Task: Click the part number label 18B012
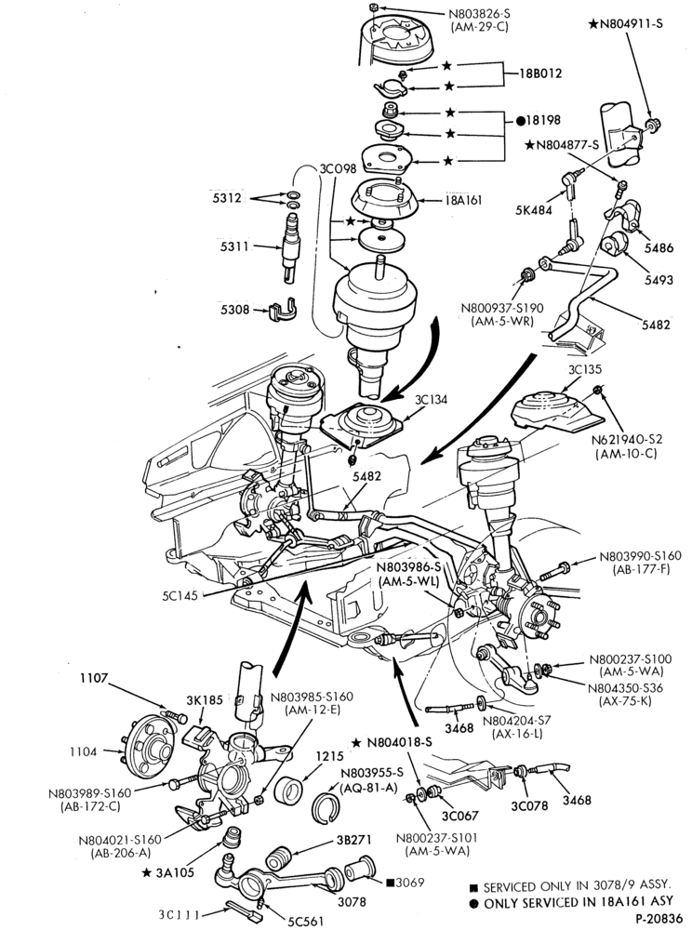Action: [539, 74]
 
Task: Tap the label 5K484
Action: [533, 209]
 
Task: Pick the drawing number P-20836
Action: [660, 919]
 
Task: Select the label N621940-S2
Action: [629, 440]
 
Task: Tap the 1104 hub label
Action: [83, 751]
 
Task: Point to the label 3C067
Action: [460, 816]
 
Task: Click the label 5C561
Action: [306, 921]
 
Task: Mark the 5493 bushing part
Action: [614, 246]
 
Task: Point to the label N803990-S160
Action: [640, 556]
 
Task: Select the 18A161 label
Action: [463, 200]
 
